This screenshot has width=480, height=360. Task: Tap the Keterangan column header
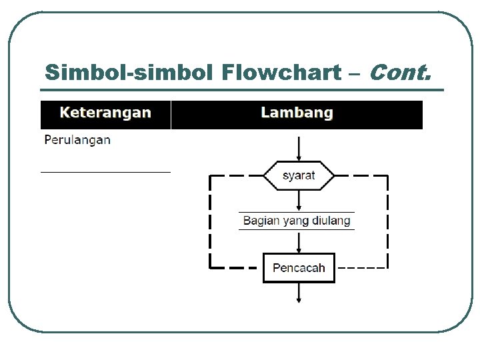tap(105, 113)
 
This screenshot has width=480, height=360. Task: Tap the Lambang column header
tap(297, 113)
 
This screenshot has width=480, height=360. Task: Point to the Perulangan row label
tap(77, 140)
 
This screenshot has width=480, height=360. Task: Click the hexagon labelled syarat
tap(299, 176)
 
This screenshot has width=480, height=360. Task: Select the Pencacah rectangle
tap(299, 268)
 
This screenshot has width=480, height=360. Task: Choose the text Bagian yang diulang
tap(297, 221)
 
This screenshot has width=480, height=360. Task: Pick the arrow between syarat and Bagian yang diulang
tap(299, 201)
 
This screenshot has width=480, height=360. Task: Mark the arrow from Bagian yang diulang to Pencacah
tap(299, 242)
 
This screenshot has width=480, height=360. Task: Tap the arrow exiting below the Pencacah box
tap(299, 293)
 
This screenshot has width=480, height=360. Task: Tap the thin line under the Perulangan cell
tap(105, 172)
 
